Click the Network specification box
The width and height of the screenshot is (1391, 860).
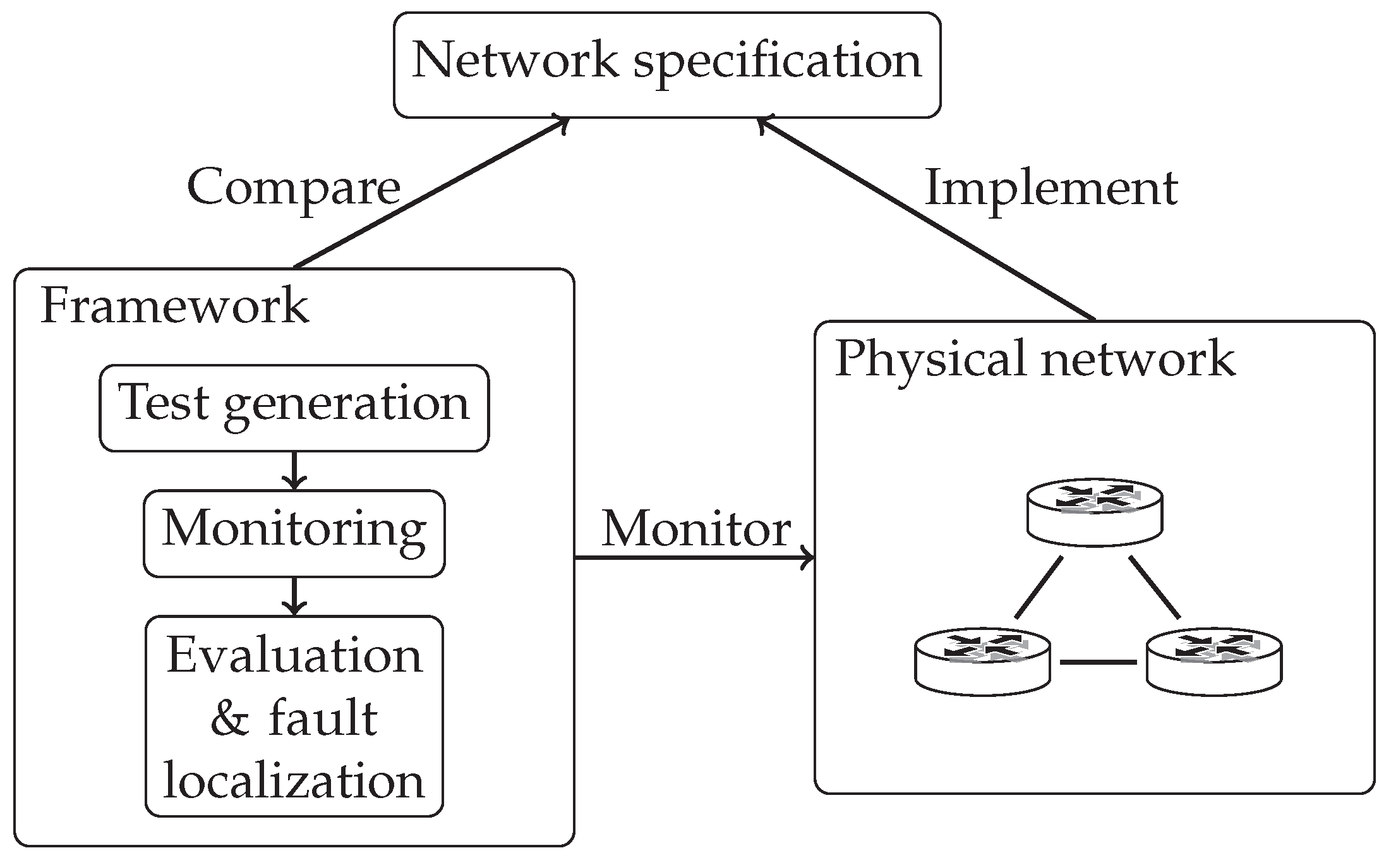667,64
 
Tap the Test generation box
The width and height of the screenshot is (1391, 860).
294,408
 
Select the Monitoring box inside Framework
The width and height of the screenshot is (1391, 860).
294,533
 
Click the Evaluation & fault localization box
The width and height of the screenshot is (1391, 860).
294,715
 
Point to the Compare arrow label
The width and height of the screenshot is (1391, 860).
294,188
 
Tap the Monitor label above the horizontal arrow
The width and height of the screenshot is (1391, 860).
695,528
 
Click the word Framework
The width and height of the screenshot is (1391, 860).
174,305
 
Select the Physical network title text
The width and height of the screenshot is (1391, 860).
1034,358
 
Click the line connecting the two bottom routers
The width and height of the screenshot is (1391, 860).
1098,662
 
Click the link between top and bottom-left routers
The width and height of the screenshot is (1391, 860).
1039,587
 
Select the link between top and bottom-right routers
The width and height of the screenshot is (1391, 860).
1154,587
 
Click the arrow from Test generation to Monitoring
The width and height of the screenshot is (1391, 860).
294,471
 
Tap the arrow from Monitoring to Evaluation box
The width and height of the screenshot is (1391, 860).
294,596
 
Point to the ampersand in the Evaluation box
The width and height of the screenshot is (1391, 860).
229,720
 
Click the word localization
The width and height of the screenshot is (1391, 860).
294,780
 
